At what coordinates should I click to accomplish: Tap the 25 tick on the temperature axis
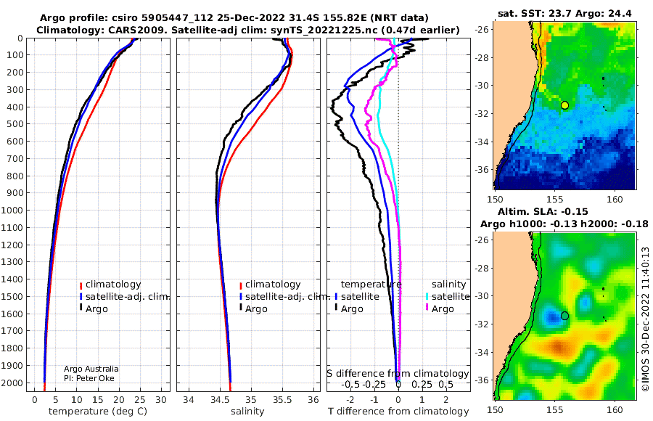140,399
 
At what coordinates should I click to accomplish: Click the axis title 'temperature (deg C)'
98,412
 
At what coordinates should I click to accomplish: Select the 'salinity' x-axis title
247,412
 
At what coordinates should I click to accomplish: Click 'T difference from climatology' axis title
398,412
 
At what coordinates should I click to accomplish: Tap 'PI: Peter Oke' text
89,378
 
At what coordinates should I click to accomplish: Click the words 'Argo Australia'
91,369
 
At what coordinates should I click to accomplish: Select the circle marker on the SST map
564,105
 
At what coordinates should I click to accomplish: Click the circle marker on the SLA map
564,316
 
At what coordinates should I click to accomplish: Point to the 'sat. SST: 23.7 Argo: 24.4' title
564,14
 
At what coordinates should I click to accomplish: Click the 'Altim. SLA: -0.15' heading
543,211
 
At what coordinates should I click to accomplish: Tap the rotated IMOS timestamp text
645,319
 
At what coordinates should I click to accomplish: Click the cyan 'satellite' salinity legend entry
447,296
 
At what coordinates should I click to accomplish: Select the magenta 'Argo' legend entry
440,309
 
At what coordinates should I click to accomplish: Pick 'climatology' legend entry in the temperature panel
110,285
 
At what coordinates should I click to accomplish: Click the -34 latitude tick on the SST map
483,142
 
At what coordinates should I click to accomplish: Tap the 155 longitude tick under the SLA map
554,409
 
